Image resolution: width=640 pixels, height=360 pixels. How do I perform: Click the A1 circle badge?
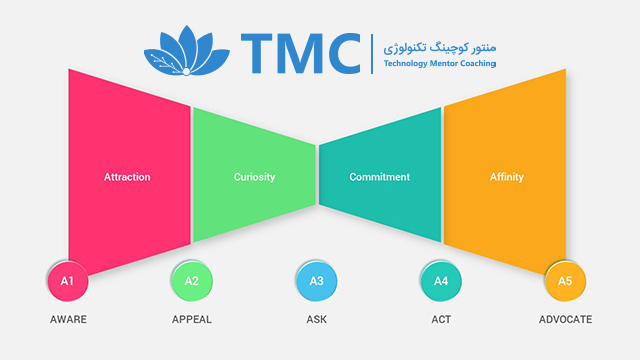click(x=68, y=281)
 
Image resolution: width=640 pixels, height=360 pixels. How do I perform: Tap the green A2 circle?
click(x=192, y=281)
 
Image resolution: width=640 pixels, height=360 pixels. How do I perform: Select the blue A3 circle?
click(x=317, y=281)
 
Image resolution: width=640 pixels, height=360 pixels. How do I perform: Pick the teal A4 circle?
click(x=441, y=281)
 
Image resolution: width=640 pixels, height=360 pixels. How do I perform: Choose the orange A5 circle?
click(x=565, y=281)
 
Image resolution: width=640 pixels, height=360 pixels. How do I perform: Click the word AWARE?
click(x=68, y=319)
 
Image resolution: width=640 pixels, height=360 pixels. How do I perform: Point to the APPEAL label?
click(x=192, y=319)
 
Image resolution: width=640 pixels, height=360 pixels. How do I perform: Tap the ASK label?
click(x=317, y=319)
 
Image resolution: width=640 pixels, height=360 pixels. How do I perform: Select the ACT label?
click(x=441, y=319)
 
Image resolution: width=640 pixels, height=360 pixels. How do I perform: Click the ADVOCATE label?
click(x=565, y=319)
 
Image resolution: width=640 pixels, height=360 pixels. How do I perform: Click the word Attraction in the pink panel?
click(x=127, y=177)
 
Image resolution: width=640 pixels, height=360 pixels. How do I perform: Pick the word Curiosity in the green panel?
click(x=254, y=177)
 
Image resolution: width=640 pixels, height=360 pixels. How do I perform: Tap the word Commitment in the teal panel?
click(x=380, y=177)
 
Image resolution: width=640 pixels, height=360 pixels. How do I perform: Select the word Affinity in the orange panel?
click(x=507, y=177)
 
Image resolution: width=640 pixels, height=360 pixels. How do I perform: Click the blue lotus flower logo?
click(x=187, y=51)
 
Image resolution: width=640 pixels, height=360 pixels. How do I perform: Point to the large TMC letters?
click(x=301, y=53)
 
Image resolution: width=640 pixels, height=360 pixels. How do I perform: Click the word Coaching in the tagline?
click(x=478, y=64)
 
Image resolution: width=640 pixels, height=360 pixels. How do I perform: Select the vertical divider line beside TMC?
click(x=372, y=54)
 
